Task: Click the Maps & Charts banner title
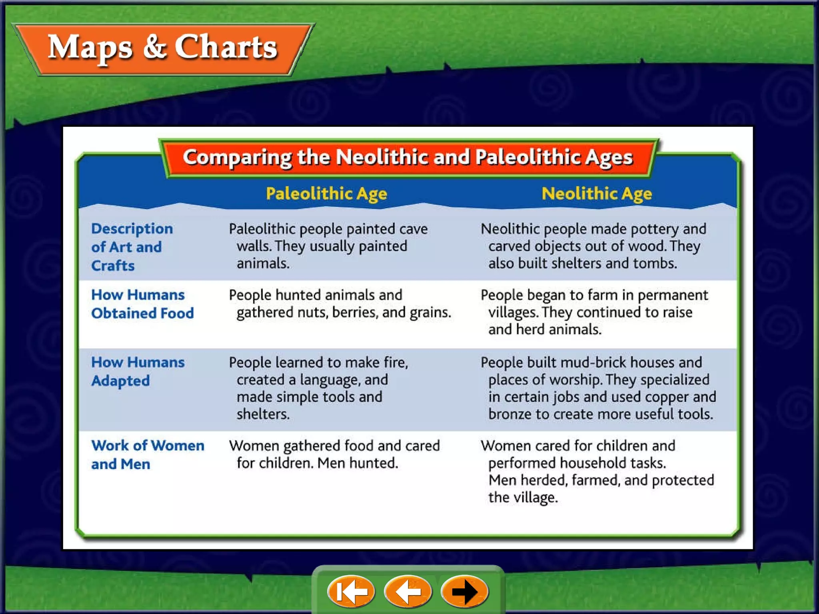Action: [x=162, y=48]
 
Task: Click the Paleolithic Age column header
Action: [x=326, y=194]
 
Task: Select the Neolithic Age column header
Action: [x=596, y=194]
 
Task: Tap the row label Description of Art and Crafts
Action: [x=132, y=247]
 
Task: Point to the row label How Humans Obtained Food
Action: [x=142, y=304]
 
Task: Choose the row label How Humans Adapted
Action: [x=138, y=371]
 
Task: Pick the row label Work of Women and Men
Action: [x=147, y=455]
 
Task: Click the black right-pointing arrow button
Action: [x=465, y=591]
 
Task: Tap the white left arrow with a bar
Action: [x=351, y=591]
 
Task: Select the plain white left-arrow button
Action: [x=408, y=591]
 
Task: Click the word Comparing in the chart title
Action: [x=237, y=157]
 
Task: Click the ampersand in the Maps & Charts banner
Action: [x=154, y=47]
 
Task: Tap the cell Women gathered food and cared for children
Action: [x=334, y=454]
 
